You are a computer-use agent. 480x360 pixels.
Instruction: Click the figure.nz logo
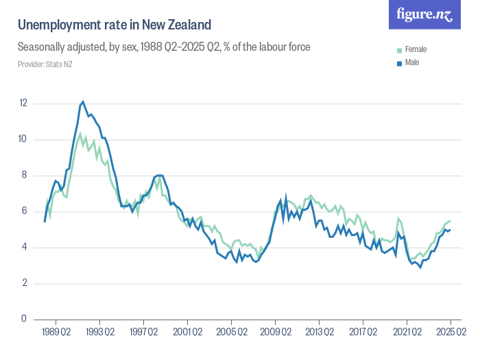(424, 14)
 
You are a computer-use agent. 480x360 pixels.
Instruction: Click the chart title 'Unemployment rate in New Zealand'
(114, 25)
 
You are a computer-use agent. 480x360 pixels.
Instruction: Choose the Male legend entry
(411, 62)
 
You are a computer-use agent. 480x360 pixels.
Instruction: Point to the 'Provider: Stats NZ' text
(45, 64)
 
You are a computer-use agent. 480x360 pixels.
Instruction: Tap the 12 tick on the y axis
(23, 104)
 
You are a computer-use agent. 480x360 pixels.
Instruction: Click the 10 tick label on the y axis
(23, 139)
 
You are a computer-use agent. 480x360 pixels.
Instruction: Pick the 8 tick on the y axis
(23, 176)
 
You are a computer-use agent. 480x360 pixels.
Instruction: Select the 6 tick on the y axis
(23, 211)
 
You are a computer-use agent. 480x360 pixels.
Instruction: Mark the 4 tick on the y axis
(23, 248)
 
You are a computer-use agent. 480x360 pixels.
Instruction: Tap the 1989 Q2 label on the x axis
(56, 333)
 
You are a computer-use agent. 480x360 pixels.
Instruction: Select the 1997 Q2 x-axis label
(143, 333)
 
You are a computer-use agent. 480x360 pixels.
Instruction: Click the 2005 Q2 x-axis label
(231, 333)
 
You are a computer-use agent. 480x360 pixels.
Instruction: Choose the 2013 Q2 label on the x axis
(319, 333)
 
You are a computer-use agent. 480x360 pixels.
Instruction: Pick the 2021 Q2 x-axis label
(407, 333)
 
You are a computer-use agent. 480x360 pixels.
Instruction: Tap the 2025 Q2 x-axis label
(451, 333)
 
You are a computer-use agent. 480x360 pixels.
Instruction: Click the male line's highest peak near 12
(83, 101)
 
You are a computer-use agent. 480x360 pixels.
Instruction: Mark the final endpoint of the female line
(450, 221)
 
